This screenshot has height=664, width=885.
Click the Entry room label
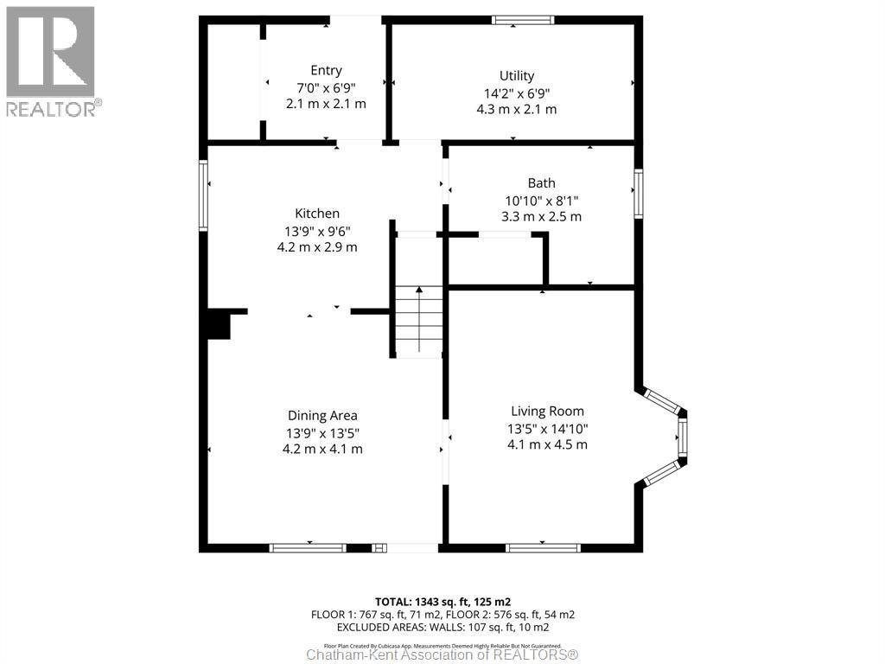click(x=326, y=71)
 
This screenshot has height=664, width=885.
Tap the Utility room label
click(x=516, y=76)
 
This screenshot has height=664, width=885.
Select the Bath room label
click(x=541, y=183)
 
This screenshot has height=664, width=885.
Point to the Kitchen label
click(x=317, y=214)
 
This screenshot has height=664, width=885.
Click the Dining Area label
click(x=322, y=416)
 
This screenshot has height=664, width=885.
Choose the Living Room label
click(x=547, y=412)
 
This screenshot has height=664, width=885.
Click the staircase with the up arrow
click(x=419, y=322)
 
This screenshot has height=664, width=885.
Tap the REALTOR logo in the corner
click(x=51, y=61)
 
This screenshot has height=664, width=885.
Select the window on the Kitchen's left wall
click(x=203, y=195)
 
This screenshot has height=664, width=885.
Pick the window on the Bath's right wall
click(x=638, y=193)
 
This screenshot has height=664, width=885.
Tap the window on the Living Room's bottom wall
click(x=543, y=547)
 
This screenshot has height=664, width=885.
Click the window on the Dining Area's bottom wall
click(x=307, y=547)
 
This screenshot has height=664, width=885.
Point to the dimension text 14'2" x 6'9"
click(x=516, y=93)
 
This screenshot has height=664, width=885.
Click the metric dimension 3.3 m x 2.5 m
click(x=541, y=216)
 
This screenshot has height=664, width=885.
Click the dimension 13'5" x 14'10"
click(x=547, y=428)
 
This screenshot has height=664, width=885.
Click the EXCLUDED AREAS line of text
click(x=442, y=627)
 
